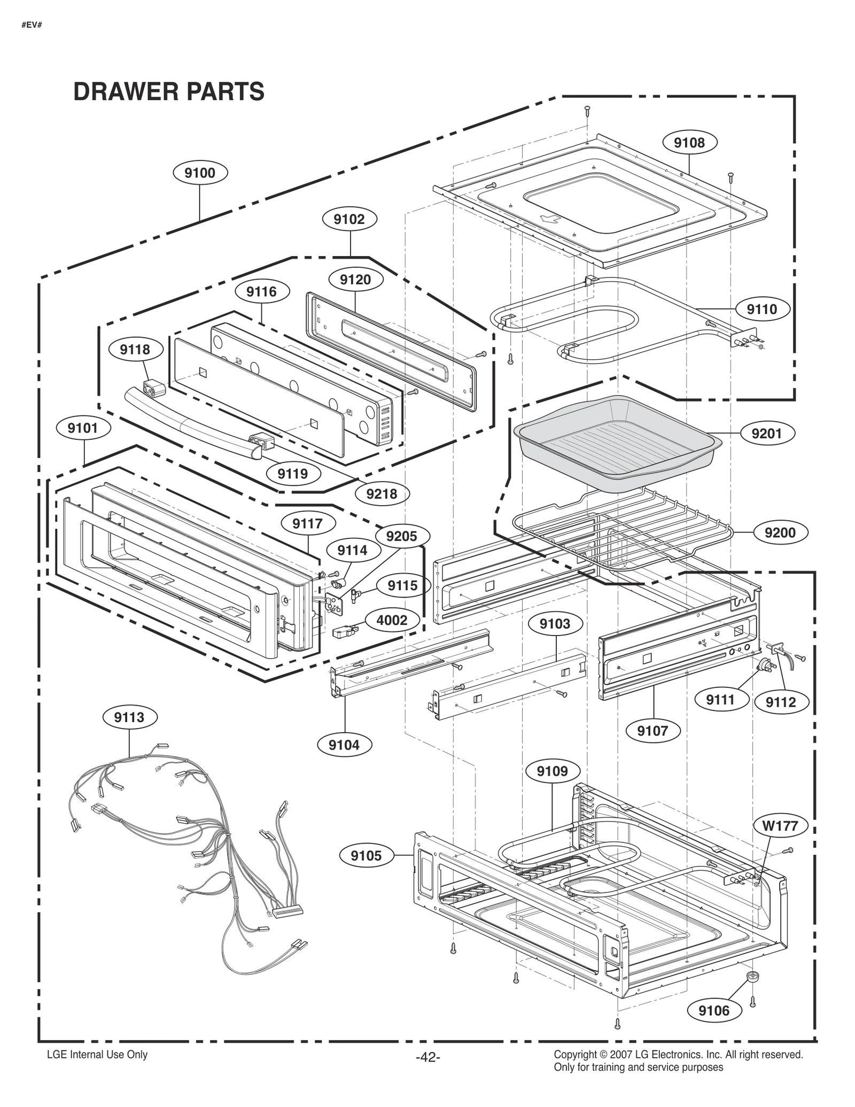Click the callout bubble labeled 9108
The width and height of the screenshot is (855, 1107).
pyautogui.click(x=689, y=143)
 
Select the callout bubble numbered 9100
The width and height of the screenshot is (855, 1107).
pyautogui.click(x=200, y=173)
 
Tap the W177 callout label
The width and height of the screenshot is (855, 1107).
pyautogui.click(x=780, y=826)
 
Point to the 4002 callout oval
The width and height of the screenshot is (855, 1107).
pyautogui.click(x=392, y=620)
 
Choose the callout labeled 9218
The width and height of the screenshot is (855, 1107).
pyautogui.click(x=382, y=493)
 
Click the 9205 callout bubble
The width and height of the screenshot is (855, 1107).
pyautogui.click(x=401, y=536)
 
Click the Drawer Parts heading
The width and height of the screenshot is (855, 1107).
pyautogui.click(x=168, y=91)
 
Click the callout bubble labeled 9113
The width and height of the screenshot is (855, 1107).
pyautogui.click(x=129, y=717)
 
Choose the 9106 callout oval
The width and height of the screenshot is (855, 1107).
pyautogui.click(x=714, y=1010)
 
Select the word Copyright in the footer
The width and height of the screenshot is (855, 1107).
pyautogui.click(x=574, y=1055)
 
